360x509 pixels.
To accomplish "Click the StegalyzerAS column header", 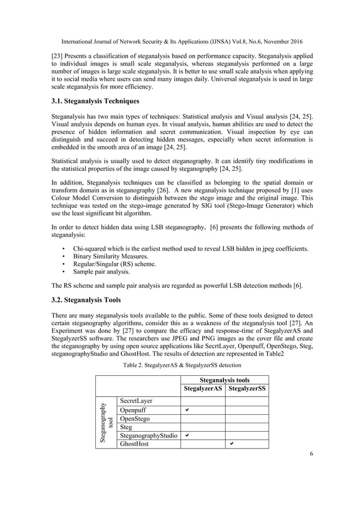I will pos(203,389).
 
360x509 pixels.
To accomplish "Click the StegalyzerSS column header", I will pos(247,389).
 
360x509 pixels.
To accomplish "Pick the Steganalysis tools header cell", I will pos(225,380).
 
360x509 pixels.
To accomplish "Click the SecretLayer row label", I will pos(134,400).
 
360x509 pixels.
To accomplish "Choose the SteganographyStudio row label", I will pos(147,436).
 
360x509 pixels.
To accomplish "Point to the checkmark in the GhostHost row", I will pos(231,444).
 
